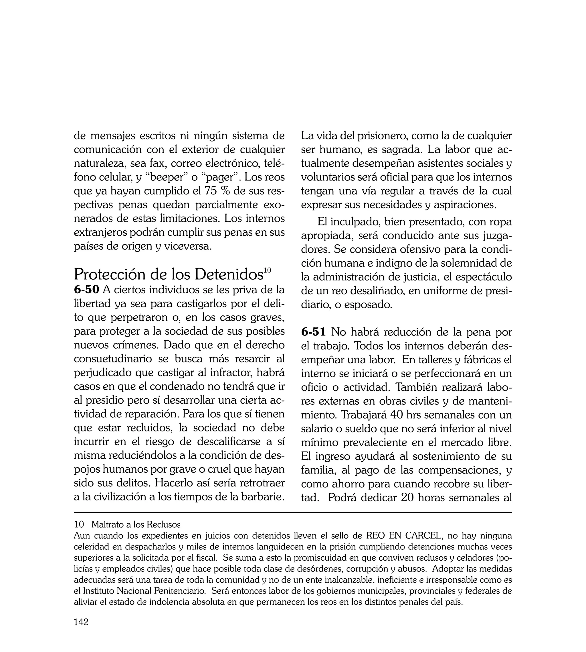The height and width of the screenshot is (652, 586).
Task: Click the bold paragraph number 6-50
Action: pyautogui.click(x=86, y=290)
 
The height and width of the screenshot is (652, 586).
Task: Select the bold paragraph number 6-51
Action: pyautogui.click(x=314, y=332)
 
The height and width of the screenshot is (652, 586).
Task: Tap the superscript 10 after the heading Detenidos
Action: pyautogui.click(x=267, y=270)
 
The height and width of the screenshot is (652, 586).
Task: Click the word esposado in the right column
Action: pyautogui.click(x=368, y=304)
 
